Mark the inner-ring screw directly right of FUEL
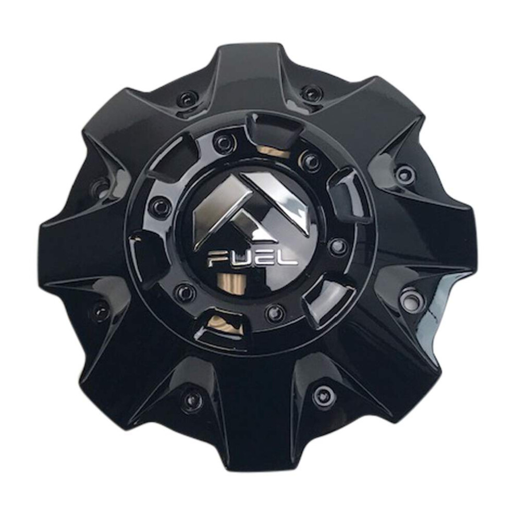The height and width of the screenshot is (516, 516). pyautogui.click(x=337, y=245)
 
